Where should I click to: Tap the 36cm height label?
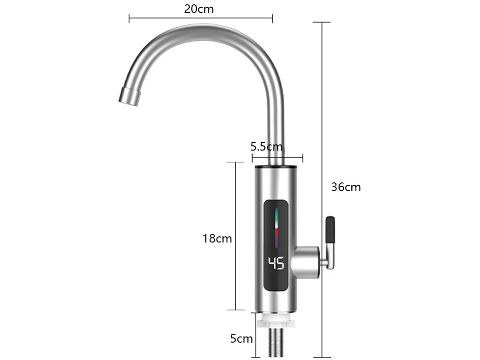(x=346, y=187)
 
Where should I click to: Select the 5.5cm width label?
(x=267, y=146)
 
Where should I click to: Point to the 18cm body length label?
(x=217, y=238)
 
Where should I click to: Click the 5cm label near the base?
(x=241, y=339)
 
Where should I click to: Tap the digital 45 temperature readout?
(x=276, y=263)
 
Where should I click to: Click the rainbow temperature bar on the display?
(x=276, y=226)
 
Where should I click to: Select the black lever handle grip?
(x=330, y=230)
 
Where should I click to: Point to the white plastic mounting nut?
(x=276, y=321)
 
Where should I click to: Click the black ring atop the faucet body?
(x=276, y=167)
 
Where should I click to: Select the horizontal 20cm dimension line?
(x=201, y=19)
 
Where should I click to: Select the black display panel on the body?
(x=276, y=245)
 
